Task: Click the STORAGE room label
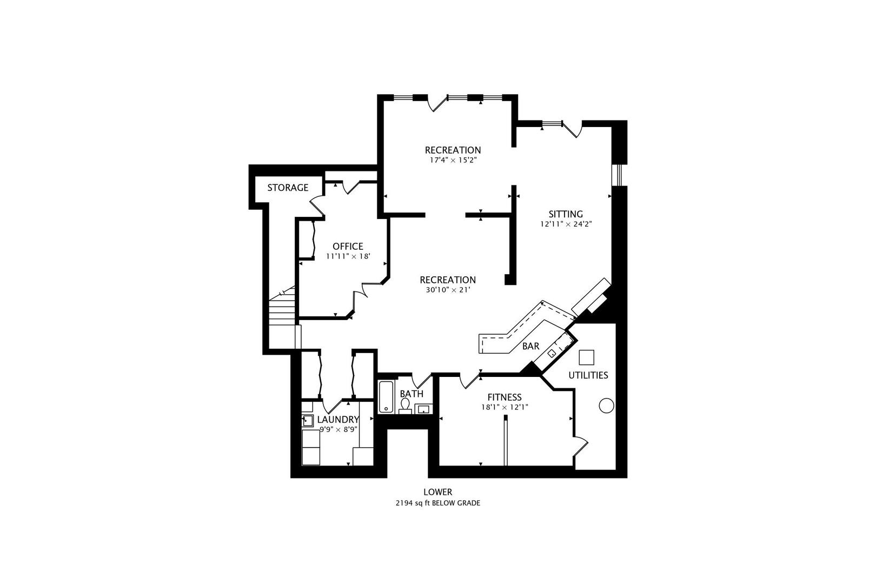(x=288, y=188)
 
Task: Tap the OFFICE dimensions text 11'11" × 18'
(x=348, y=256)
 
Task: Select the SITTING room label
(x=566, y=214)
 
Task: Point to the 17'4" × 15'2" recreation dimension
(x=452, y=160)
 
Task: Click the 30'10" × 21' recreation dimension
(x=448, y=290)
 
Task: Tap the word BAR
(x=530, y=346)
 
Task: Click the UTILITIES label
(x=588, y=375)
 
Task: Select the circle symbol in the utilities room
(x=606, y=406)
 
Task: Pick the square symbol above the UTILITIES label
(x=587, y=357)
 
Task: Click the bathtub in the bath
(x=386, y=397)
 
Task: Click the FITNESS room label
(x=504, y=397)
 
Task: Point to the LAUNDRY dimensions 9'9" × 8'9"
(x=338, y=429)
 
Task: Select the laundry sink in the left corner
(x=308, y=420)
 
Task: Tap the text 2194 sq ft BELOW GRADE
(x=437, y=503)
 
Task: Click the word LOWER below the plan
(x=437, y=492)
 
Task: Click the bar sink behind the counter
(x=552, y=353)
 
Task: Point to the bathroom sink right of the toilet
(x=423, y=409)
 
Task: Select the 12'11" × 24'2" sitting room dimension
(x=566, y=224)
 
